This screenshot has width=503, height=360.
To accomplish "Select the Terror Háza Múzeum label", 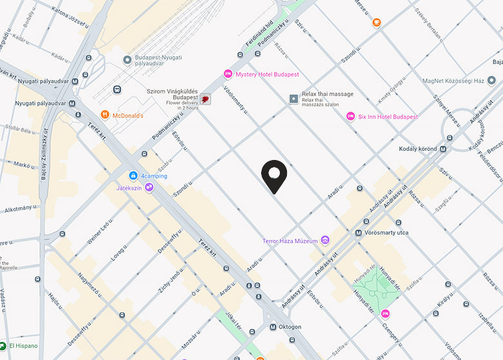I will [290, 241].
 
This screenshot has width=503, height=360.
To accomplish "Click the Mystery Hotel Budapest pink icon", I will [227, 74].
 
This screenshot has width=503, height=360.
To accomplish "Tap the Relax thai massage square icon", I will [294, 99].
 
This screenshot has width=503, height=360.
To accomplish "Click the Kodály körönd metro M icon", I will [442, 148].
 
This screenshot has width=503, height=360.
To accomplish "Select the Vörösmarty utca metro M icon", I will [359, 232].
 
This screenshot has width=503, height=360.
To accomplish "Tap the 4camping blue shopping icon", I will [133, 175].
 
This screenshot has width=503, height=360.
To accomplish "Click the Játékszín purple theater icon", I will [149, 188].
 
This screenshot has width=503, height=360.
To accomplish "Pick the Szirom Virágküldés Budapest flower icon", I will [205, 99].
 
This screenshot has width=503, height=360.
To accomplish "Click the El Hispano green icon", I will [4, 346].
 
